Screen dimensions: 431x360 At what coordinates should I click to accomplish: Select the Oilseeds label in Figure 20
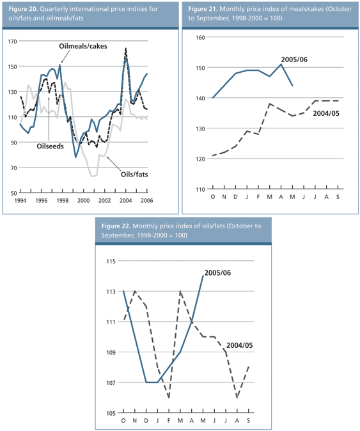coord(52,145)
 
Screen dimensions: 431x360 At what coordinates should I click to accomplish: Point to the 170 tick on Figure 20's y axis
coord(12,42)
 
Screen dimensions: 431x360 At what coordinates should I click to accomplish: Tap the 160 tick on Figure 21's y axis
coord(198,38)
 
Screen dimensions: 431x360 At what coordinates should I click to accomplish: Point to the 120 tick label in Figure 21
coord(198,159)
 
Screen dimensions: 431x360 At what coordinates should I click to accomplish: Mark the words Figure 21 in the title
coord(204,10)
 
